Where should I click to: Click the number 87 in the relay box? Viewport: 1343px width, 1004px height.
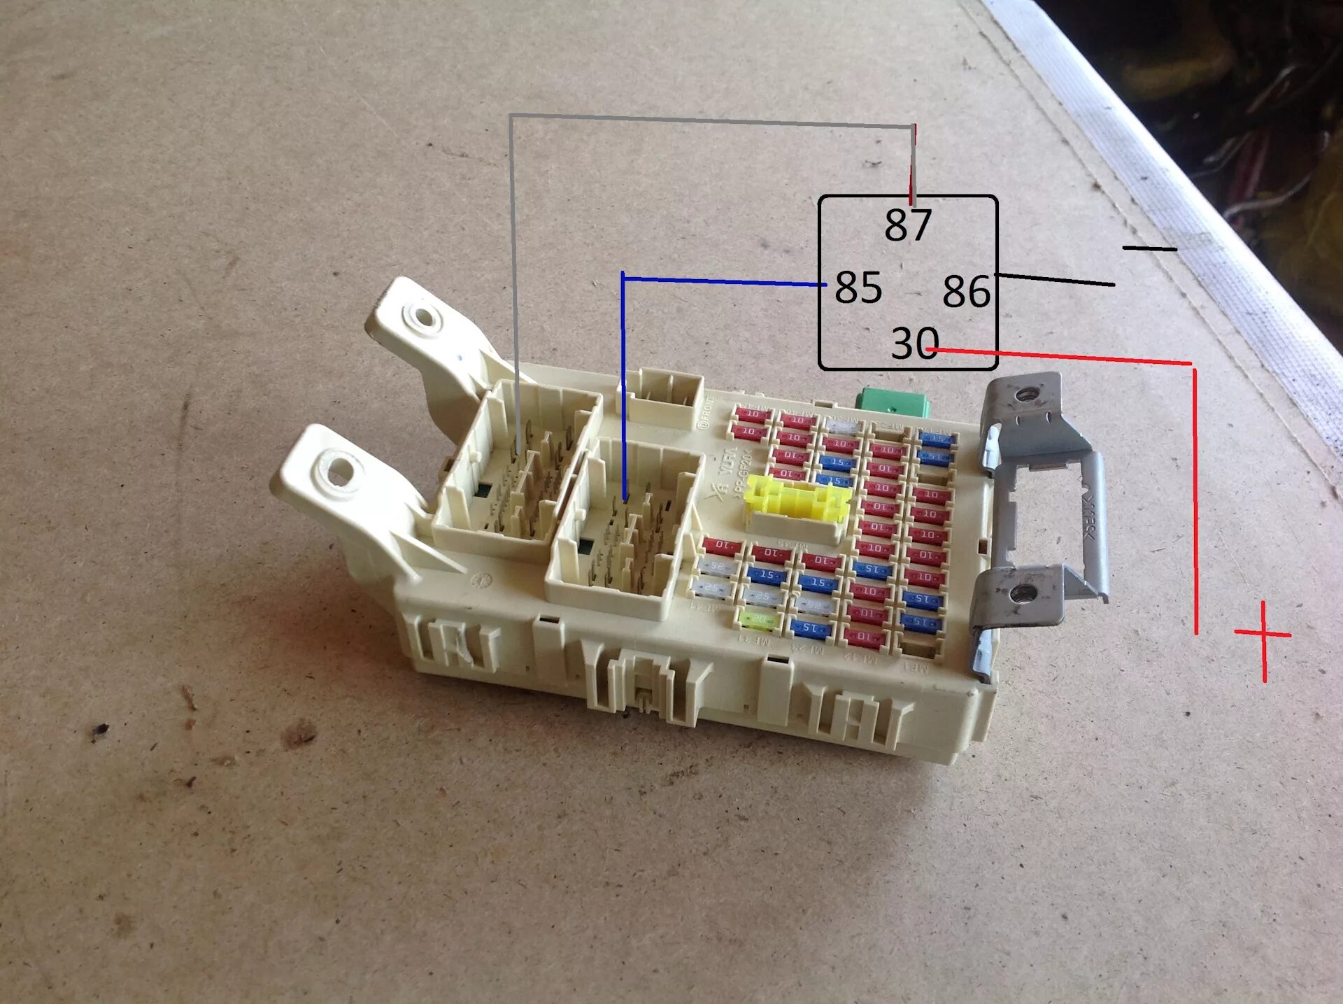(x=908, y=225)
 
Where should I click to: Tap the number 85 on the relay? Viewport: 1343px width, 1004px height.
(x=858, y=288)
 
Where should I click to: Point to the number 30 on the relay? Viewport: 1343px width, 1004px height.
(x=914, y=344)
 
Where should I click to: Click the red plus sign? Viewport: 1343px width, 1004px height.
(x=1263, y=635)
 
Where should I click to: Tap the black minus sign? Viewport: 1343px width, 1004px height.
(x=1149, y=248)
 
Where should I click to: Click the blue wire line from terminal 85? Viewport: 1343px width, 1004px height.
(x=720, y=281)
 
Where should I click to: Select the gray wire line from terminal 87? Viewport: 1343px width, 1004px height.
(x=699, y=121)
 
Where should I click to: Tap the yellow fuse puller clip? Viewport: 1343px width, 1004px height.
(x=797, y=498)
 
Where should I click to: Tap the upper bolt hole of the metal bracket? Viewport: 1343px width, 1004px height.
(x=1024, y=395)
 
